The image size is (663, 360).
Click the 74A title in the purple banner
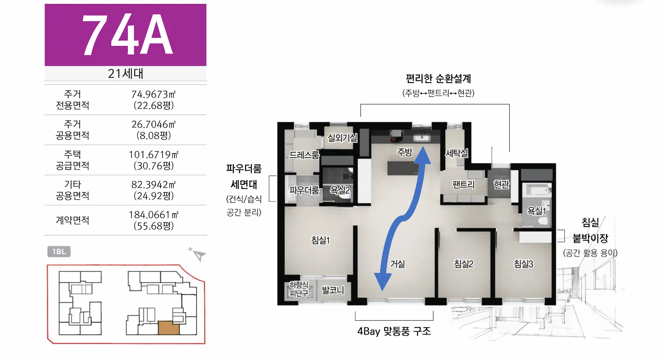(127, 35)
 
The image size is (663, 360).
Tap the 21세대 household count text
(125, 74)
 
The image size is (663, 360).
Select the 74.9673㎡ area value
(154, 94)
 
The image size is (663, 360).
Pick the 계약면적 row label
(73, 220)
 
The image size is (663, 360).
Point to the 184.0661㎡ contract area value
(154, 215)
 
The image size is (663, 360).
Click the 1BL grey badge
(59, 252)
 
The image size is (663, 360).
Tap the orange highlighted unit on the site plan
(169, 328)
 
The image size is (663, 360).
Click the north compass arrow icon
(198, 254)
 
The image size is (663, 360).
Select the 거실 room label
(397, 264)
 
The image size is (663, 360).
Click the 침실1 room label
(321, 240)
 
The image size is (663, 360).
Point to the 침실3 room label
(523, 264)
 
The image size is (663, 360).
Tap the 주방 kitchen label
(405, 152)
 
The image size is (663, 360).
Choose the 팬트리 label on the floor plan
(464, 184)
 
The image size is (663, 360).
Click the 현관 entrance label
(502, 184)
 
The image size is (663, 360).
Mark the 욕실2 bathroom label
(340, 190)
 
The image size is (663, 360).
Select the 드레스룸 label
(304, 155)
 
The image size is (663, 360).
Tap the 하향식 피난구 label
(299, 289)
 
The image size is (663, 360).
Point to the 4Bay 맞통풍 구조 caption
(394, 331)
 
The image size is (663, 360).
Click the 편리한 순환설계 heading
(439, 79)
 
